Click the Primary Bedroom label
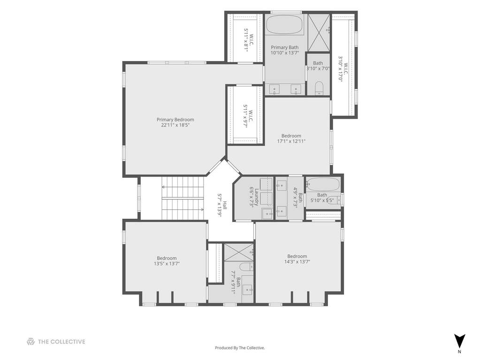175,120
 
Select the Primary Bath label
285,47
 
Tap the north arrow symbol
459,341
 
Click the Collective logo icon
30,342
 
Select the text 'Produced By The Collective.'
240,348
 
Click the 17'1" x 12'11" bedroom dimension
291,141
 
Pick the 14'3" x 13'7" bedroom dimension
297,262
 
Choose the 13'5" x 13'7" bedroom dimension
167,263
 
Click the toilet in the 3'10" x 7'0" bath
319,88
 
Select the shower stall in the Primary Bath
319,33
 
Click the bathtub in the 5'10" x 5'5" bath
323,184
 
